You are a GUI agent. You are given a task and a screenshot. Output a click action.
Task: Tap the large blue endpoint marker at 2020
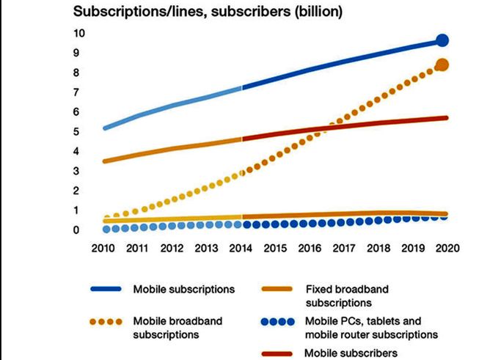pyautogui.click(x=442, y=40)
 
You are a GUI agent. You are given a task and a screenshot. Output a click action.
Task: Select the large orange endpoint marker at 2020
pyautogui.click(x=442, y=65)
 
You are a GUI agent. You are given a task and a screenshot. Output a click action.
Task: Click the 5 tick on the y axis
pyautogui.click(x=77, y=132)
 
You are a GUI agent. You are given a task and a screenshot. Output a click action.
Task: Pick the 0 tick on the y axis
pyautogui.click(x=77, y=230)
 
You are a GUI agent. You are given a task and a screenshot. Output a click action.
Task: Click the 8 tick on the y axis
pyautogui.click(x=77, y=73)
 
